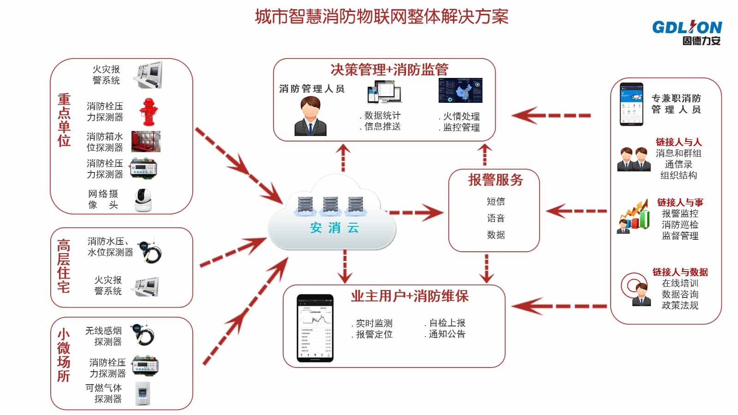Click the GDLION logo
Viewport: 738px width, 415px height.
687,32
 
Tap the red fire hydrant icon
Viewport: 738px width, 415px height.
148,112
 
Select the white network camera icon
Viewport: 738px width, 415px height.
143,200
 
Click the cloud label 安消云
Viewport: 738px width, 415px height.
334,228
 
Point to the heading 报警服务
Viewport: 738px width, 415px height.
495,180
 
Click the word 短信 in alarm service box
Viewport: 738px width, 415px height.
495,202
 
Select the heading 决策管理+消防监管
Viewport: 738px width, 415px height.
389,70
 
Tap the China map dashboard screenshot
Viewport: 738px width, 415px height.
460,90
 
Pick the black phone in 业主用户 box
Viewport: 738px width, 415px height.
315,328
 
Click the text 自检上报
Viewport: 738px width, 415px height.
447,323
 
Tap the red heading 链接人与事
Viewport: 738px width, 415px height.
680,202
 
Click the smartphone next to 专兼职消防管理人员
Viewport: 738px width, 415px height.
631,104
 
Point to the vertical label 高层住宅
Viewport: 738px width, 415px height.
64,266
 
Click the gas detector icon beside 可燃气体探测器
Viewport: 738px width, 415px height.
143,393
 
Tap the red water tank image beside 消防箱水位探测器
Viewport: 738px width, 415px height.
146,142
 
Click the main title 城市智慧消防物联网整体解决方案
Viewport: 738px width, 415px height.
381,17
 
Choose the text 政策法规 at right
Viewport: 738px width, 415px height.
680,305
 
